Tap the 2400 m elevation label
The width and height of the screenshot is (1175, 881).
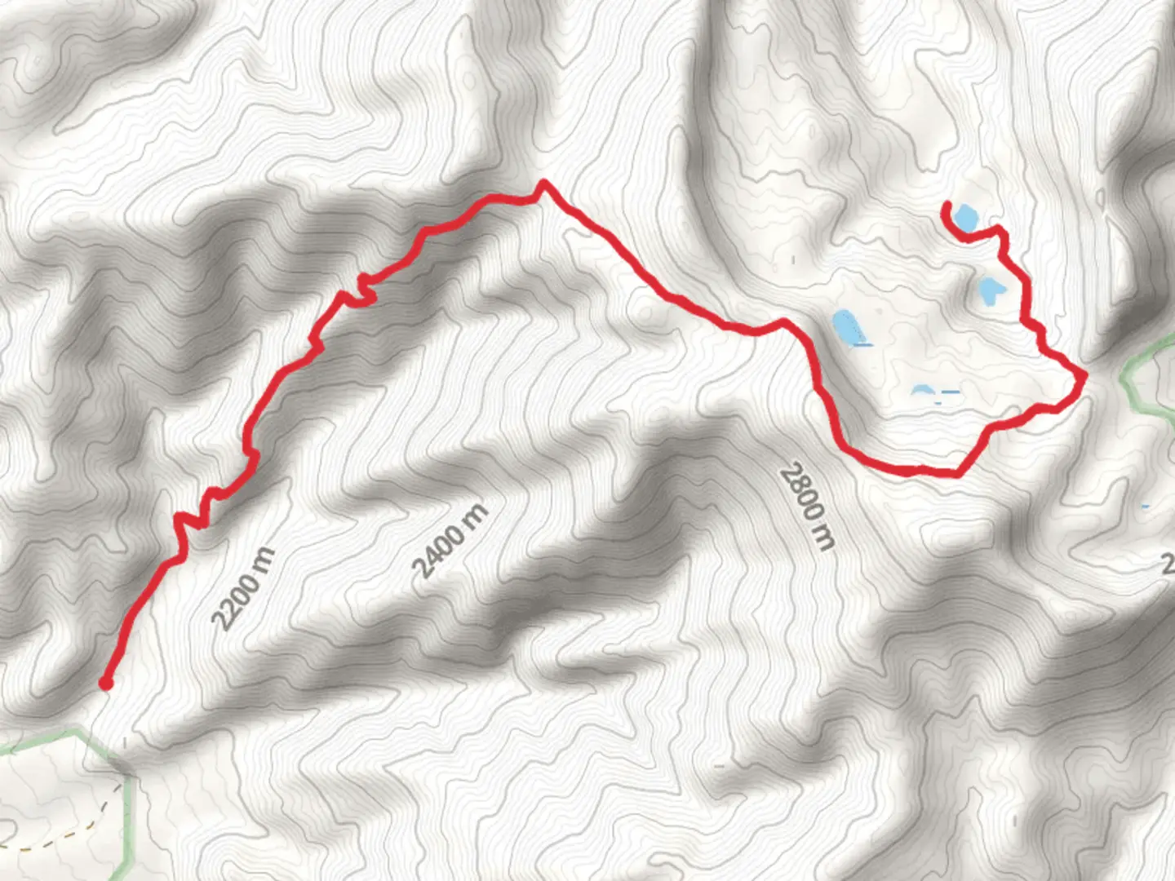(x=450, y=542)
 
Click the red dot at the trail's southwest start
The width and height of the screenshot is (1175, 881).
(x=106, y=683)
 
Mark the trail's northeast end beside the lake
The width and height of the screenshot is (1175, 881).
(x=947, y=204)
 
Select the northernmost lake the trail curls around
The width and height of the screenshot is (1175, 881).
(x=965, y=217)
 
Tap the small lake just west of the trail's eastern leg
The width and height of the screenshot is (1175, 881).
(x=990, y=290)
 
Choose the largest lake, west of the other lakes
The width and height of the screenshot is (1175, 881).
(x=846, y=326)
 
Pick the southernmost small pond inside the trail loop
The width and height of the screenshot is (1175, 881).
(x=922, y=391)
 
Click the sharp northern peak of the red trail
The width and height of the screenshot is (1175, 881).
(x=543, y=183)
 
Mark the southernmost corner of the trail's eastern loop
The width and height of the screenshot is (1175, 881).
(x=956, y=474)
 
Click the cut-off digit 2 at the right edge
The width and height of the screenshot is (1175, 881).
(x=1168, y=563)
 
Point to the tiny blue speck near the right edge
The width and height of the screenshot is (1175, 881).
(x=1146, y=507)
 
